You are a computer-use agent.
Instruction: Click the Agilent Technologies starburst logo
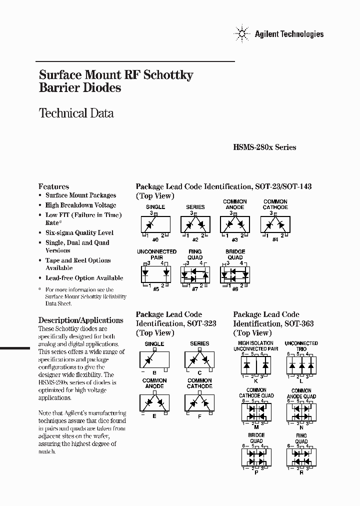pyautogui.click(x=242, y=33)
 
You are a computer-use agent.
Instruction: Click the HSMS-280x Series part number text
pyautogui.click(x=264, y=147)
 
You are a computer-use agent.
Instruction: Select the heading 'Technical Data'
pyautogui.click(x=76, y=113)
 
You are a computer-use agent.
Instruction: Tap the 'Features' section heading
pyautogui.click(x=53, y=186)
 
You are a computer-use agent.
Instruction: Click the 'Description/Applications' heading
pyautogui.click(x=80, y=320)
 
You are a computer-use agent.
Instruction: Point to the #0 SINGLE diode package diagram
pyautogui.click(x=155, y=224)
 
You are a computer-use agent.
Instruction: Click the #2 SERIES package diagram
pyautogui.click(x=195, y=224)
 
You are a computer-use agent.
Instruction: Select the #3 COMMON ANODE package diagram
pyautogui.click(x=235, y=224)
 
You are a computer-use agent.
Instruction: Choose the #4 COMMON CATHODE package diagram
pyautogui.click(x=275, y=224)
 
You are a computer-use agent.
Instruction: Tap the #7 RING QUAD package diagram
pyautogui.click(x=195, y=273)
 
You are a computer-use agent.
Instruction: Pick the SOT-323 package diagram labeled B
pyautogui.click(x=154, y=359)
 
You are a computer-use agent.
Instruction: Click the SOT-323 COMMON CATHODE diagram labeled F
pyautogui.click(x=199, y=402)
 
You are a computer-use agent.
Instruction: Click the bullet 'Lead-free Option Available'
pyautogui.click(x=84, y=278)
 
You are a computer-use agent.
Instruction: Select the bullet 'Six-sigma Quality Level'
pyautogui.click(x=79, y=232)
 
